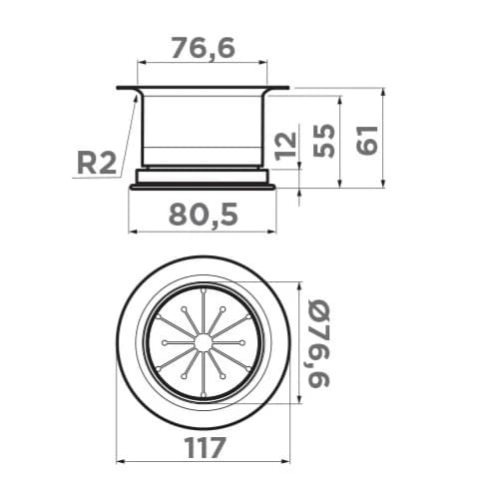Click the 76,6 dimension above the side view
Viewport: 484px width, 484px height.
(204, 48)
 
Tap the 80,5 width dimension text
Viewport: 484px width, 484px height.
(204, 215)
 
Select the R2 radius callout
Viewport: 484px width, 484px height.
(97, 163)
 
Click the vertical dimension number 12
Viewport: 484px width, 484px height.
(285, 146)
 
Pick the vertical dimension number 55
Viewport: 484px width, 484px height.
(324, 141)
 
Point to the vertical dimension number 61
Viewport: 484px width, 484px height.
(367, 140)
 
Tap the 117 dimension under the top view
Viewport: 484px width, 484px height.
(205, 448)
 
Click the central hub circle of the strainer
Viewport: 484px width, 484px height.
(203, 342)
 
